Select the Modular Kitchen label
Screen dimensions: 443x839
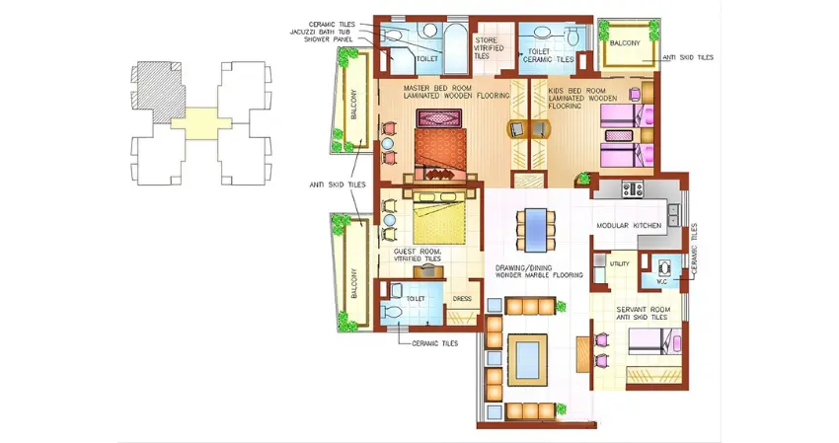coord(628,226)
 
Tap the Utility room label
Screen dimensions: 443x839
coord(619,264)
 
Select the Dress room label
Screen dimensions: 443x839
coord(462,298)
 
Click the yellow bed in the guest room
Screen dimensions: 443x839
coord(438,223)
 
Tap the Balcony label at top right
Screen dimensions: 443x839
coord(625,43)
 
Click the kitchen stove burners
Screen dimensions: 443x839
coord(631,187)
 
